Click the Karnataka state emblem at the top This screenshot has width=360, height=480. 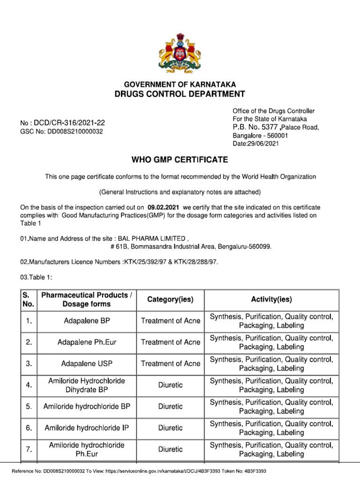tap(180, 52)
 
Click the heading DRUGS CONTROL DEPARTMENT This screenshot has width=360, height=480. tap(180, 94)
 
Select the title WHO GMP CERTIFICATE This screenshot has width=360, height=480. tap(180, 160)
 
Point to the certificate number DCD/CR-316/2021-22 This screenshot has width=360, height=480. tap(72, 123)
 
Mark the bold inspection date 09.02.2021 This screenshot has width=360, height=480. tap(163, 207)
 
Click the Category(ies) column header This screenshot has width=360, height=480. tap(170, 300)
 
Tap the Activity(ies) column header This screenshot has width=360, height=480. tap(271, 300)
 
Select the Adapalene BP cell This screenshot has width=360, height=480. tap(86, 321)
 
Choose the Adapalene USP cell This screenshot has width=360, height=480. tap(86, 364)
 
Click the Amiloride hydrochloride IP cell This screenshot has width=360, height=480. tap(86, 428)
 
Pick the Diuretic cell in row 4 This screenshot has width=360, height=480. tap(170, 385)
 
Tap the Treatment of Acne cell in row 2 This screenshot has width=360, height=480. tap(170, 342)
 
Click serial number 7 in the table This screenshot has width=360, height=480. tap(29, 450)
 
